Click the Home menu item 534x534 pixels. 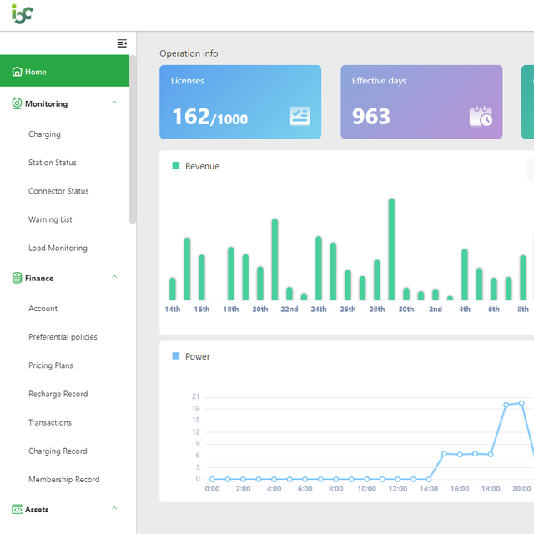point(65,71)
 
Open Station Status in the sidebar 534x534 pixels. point(53,163)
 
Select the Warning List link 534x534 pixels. point(50,219)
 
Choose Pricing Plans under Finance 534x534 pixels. point(51,365)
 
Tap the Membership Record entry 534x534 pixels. point(64,479)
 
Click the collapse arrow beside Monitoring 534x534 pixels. point(114,103)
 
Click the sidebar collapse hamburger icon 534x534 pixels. point(122,43)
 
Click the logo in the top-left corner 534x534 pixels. point(23,14)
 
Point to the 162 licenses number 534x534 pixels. point(191,117)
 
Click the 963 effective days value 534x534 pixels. point(371,117)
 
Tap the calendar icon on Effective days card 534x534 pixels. point(481,117)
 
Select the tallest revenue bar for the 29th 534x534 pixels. point(391,249)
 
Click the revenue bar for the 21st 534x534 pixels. point(275,259)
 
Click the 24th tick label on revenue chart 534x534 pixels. point(319,310)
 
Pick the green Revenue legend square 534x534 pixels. point(176,165)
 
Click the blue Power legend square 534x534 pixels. point(176,356)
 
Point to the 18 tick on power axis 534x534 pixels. point(196,408)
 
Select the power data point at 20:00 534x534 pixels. point(521,403)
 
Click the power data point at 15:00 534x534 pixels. point(444,454)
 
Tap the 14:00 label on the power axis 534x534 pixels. point(429,489)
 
